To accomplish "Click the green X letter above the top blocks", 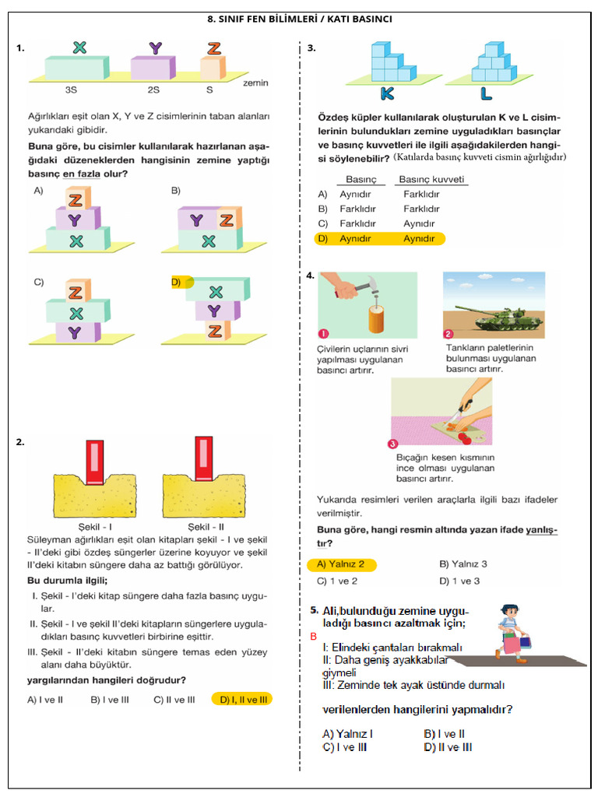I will click(79, 47).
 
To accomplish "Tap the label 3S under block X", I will click(71, 90).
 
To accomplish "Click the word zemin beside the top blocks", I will click(256, 82).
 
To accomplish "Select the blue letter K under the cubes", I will click(387, 93).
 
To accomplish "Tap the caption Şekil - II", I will click(200, 527).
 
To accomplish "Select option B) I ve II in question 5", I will click(444, 733).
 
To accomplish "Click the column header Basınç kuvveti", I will click(431, 179).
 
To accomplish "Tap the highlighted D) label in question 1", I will click(176, 283).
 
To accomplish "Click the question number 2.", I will click(19, 442).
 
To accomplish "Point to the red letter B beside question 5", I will click(313, 637).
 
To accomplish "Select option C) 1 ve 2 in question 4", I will click(337, 581).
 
